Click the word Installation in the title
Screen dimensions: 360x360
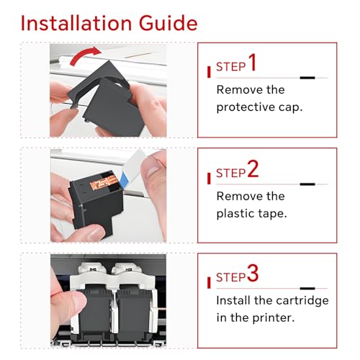(76, 23)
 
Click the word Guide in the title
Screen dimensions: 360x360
(168, 23)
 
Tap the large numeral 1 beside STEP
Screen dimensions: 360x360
(252, 63)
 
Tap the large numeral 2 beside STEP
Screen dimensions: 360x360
(253, 169)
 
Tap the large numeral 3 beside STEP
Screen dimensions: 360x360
(253, 273)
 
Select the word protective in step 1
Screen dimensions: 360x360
(246, 107)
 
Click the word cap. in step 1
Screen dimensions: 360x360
(290, 108)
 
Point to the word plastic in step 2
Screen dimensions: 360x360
(235, 213)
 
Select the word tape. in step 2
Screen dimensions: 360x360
(272, 214)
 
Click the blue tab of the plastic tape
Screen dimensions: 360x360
(125, 179)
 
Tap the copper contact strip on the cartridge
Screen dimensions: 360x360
(104, 181)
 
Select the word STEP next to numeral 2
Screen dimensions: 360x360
(231, 173)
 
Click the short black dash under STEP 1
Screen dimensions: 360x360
(307, 78)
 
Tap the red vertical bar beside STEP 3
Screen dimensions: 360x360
(209, 282)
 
